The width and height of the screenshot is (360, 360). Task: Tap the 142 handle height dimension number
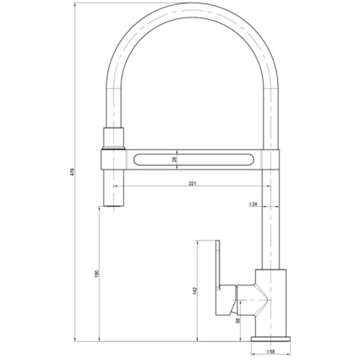[x=194, y=291]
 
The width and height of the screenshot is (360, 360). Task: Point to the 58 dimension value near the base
[x=238, y=322]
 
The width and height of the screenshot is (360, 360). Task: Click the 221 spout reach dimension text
[x=192, y=183]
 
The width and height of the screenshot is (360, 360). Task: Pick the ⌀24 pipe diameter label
[x=253, y=205]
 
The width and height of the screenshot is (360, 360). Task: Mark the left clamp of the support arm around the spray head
[x=113, y=160]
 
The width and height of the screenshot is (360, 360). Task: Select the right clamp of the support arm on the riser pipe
[x=271, y=160]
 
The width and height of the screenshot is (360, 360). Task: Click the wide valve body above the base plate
[x=271, y=300]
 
